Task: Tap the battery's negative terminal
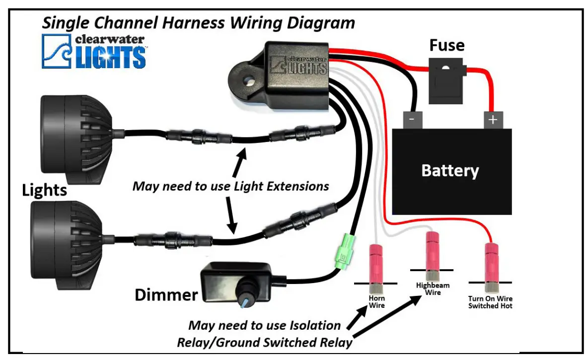413,120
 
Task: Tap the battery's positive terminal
493,120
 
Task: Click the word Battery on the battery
450,171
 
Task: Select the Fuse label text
446,46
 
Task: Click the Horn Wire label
376,302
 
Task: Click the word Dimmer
166,295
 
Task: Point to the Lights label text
44,189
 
